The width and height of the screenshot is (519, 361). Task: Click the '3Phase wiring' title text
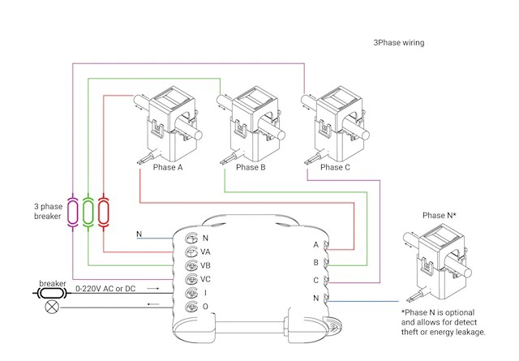click(399, 43)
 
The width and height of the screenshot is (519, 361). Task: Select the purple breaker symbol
click(72, 212)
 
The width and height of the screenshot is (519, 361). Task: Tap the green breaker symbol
click(88, 212)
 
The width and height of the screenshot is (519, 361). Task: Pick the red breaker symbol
click(104, 212)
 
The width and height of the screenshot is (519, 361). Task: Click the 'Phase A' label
click(168, 167)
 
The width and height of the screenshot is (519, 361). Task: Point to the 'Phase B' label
click(251, 167)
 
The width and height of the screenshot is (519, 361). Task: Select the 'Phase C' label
click(335, 167)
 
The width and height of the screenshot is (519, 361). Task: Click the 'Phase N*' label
click(440, 215)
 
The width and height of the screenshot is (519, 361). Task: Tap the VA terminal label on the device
click(205, 252)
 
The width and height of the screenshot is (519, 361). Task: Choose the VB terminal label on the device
click(205, 265)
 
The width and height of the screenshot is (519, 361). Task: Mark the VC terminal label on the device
click(205, 279)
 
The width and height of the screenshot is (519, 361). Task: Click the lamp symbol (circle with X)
click(52, 307)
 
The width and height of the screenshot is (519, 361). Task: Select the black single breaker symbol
click(52, 293)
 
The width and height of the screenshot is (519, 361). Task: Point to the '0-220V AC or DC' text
click(105, 289)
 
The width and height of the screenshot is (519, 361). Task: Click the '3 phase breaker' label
click(48, 211)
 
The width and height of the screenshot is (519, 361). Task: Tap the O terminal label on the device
click(205, 307)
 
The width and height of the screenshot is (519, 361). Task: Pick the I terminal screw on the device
click(191, 293)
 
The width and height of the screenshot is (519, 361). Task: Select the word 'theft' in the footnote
click(410, 332)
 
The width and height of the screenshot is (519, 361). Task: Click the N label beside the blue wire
click(139, 234)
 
